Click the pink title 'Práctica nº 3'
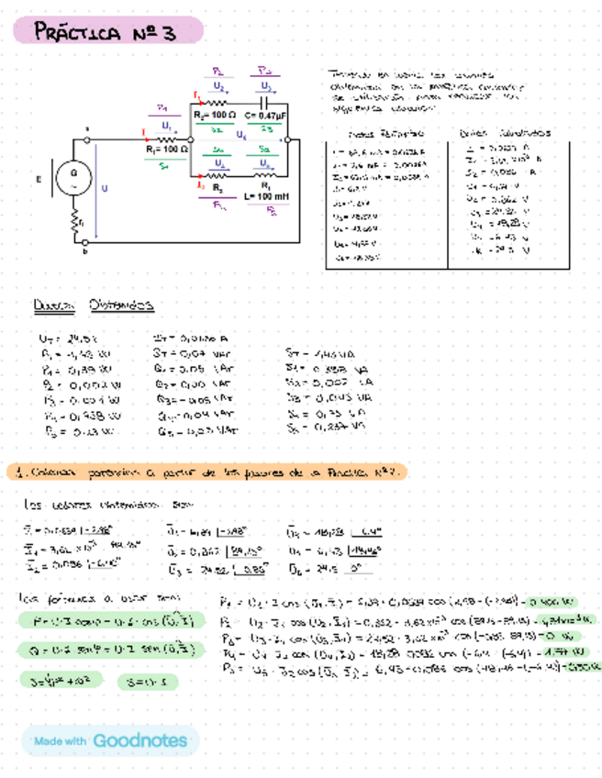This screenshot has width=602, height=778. pos(105,33)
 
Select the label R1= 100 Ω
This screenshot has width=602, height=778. pos(165,147)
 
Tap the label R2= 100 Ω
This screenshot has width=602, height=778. pos(217,116)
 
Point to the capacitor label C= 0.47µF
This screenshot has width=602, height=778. pos(265,116)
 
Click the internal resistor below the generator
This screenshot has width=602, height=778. pos(73,220)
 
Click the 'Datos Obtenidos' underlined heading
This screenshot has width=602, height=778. pos(92,305)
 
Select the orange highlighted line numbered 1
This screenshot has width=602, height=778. pos(207,472)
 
